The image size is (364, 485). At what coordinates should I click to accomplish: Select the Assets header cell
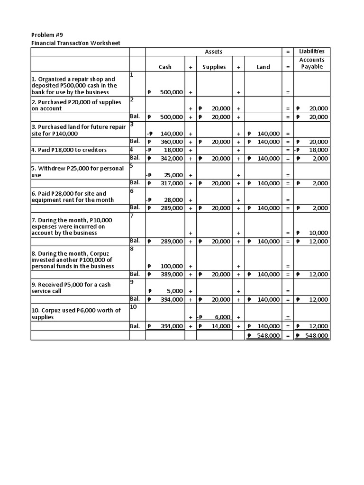pyautogui.click(x=213, y=52)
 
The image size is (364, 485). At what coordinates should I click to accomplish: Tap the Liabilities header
pyautogui.click(x=311, y=51)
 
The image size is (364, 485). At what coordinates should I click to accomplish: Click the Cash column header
pyautogui.click(x=165, y=67)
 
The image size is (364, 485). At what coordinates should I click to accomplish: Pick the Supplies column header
pyautogui.click(x=214, y=67)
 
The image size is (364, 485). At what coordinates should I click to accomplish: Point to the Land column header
pyautogui.click(x=263, y=67)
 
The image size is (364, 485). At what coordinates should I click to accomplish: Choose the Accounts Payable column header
pyautogui.click(x=311, y=63)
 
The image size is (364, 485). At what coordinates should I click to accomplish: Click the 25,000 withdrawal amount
pyautogui.click(x=174, y=175)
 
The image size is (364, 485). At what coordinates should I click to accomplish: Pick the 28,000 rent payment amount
pyautogui.click(x=174, y=200)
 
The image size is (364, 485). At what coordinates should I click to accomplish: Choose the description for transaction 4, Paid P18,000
pyautogui.click(x=69, y=150)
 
